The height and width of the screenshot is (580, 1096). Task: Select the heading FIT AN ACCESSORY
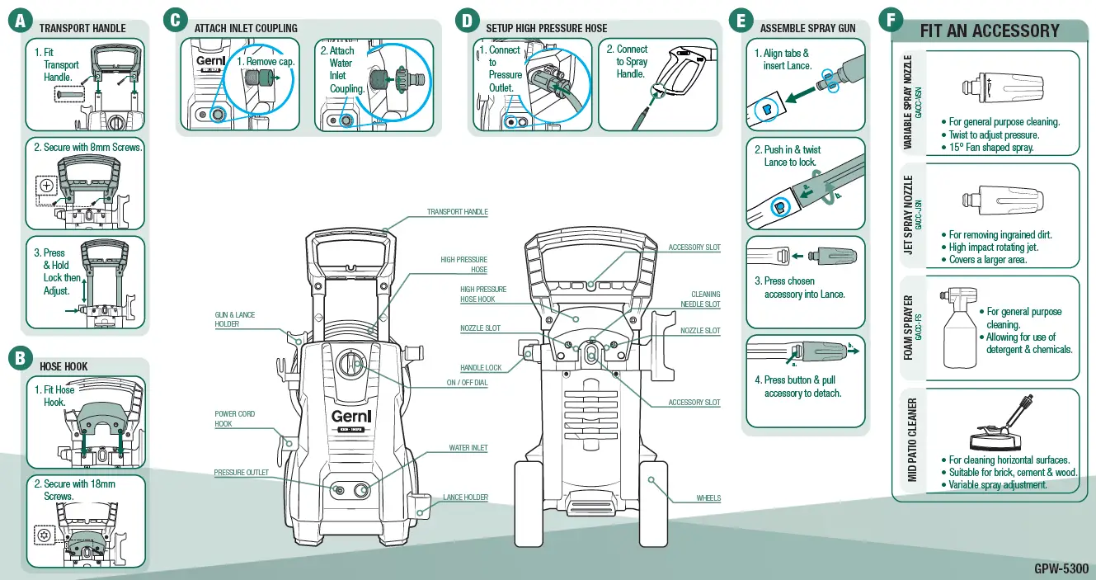click(x=990, y=31)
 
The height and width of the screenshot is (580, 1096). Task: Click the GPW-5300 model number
click(x=1061, y=568)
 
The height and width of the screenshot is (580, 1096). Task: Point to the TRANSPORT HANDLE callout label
click(x=457, y=212)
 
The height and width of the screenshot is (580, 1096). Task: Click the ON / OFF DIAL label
click(x=467, y=383)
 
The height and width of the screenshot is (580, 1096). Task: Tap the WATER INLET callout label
click(x=468, y=448)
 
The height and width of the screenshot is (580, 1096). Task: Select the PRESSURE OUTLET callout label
click(x=242, y=473)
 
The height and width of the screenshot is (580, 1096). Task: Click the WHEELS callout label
click(x=708, y=498)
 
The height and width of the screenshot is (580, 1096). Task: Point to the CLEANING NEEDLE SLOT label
click(x=705, y=299)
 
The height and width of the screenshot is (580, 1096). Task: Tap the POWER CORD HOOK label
click(x=235, y=419)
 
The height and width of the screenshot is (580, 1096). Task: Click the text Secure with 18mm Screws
click(x=74, y=490)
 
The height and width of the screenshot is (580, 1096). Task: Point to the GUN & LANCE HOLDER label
click(x=235, y=319)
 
